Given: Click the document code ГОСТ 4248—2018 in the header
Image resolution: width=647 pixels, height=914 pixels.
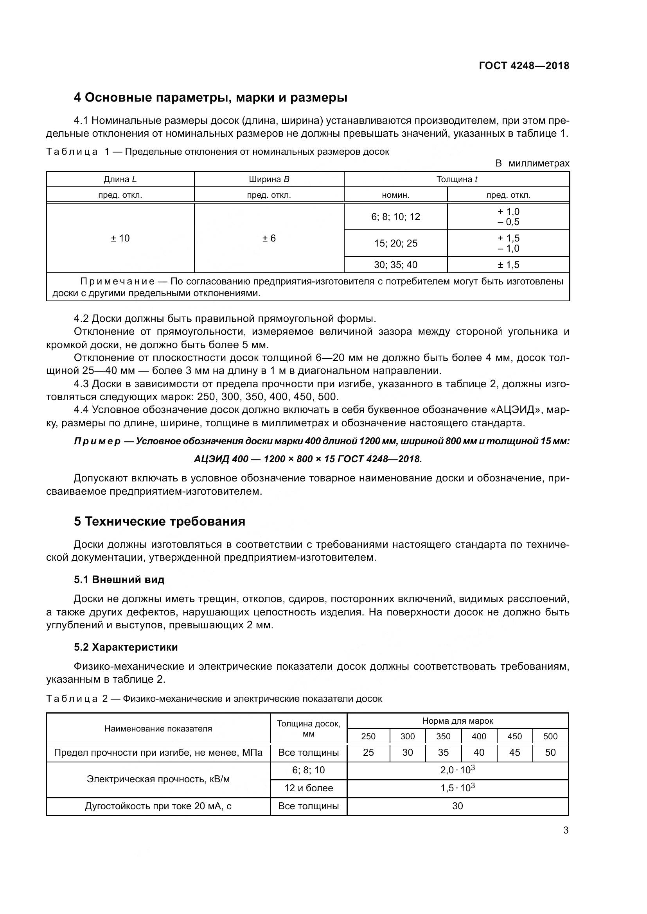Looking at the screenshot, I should pyautogui.click(x=524, y=66).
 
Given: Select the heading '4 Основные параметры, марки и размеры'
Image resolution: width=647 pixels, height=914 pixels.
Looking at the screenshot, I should pyautogui.click(x=210, y=98).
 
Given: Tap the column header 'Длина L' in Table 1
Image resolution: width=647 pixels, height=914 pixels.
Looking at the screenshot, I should pyautogui.click(x=120, y=179).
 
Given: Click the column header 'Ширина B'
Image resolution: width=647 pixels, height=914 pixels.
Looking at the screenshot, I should pyautogui.click(x=269, y=179).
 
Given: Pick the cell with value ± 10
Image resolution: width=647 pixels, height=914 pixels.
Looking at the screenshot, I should pyautogui.click(x=120, y=238).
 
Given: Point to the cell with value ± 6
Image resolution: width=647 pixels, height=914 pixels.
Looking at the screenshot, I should pyautogui.click(x=269, y=238).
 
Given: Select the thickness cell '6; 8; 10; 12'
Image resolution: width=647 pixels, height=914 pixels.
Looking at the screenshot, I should pyautogui.click(x=395, y=216).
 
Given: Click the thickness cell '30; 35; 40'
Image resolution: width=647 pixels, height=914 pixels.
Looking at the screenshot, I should pyautogui.click(x=395, y=265).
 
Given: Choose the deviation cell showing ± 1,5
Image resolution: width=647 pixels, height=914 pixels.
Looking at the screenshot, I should pyautogui.click(x=509, y=265).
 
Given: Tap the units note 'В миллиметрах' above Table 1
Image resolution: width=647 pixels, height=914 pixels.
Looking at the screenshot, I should pyautogui.click(x=532, y=163).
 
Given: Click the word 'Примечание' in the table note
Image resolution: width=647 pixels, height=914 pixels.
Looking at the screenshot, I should pyautogui.click(x=117, y=282).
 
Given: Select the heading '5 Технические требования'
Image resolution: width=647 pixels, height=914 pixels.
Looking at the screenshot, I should pyautogui.click(x=159, y=522).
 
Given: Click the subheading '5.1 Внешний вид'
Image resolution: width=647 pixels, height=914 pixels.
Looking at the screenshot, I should pyautogui.click(x=119, y=580).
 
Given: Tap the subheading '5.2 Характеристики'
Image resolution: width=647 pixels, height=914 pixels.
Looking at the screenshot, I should pyautogui.click(x=126, y=647).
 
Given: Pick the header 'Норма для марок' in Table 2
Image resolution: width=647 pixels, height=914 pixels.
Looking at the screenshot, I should pyautogui.click(x=457, y=721).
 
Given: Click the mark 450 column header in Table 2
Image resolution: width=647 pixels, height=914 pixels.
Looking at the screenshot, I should pyautogui.click(x=514, y=737).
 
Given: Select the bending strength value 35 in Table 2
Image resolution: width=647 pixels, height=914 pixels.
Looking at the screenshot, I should pyautogui.click(x=443, y=752).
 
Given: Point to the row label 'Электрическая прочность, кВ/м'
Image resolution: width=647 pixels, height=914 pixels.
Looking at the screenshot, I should pyautogui.click(x=158, y=779).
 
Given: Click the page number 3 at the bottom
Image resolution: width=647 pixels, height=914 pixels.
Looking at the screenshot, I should pyautogui.click(x=566, y=830).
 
